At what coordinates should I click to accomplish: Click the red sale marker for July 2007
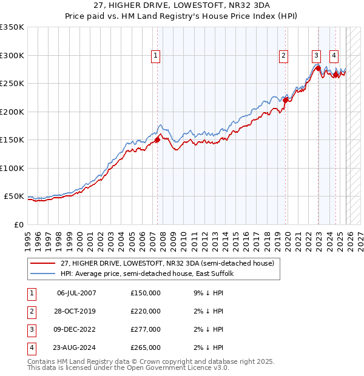[157, 139]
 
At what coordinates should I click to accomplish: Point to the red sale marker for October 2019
[285, 101]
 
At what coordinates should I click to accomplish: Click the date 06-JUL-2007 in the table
[76, 293]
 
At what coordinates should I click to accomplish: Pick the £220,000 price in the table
[146, 311]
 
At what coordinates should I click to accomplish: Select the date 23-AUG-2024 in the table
[76, 347]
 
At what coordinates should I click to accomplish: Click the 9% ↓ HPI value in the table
[207, 293]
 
